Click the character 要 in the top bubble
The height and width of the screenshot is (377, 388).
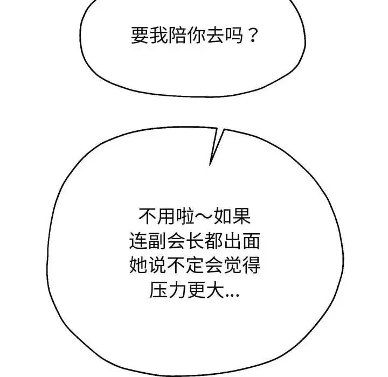140,36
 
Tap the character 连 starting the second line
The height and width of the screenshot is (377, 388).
138,241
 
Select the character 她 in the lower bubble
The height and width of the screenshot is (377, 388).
138,266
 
